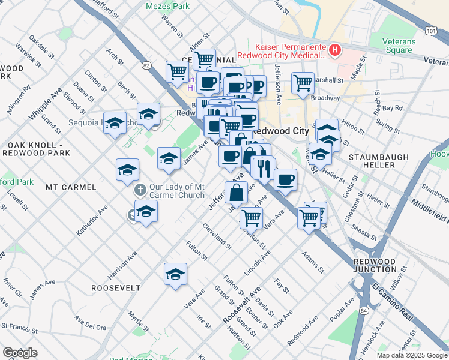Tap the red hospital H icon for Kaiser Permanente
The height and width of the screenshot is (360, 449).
click(x=336, y=50)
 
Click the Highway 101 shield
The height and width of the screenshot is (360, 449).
click(x=430, y=29)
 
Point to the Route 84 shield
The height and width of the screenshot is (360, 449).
click(x=364, y=310)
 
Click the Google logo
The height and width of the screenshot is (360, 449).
click(x=20, y=353)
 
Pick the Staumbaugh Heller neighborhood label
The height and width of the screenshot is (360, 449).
click(x=379, y=157)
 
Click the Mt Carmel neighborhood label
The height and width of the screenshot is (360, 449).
click(x=71, y=187)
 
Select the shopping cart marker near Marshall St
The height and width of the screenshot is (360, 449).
click(x=303, y=82)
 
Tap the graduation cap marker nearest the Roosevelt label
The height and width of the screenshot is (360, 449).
click(x=175, y=274)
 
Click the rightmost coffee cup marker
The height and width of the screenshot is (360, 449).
click(x=285, y=179)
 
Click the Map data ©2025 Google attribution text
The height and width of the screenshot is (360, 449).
click(x=411, y=355)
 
